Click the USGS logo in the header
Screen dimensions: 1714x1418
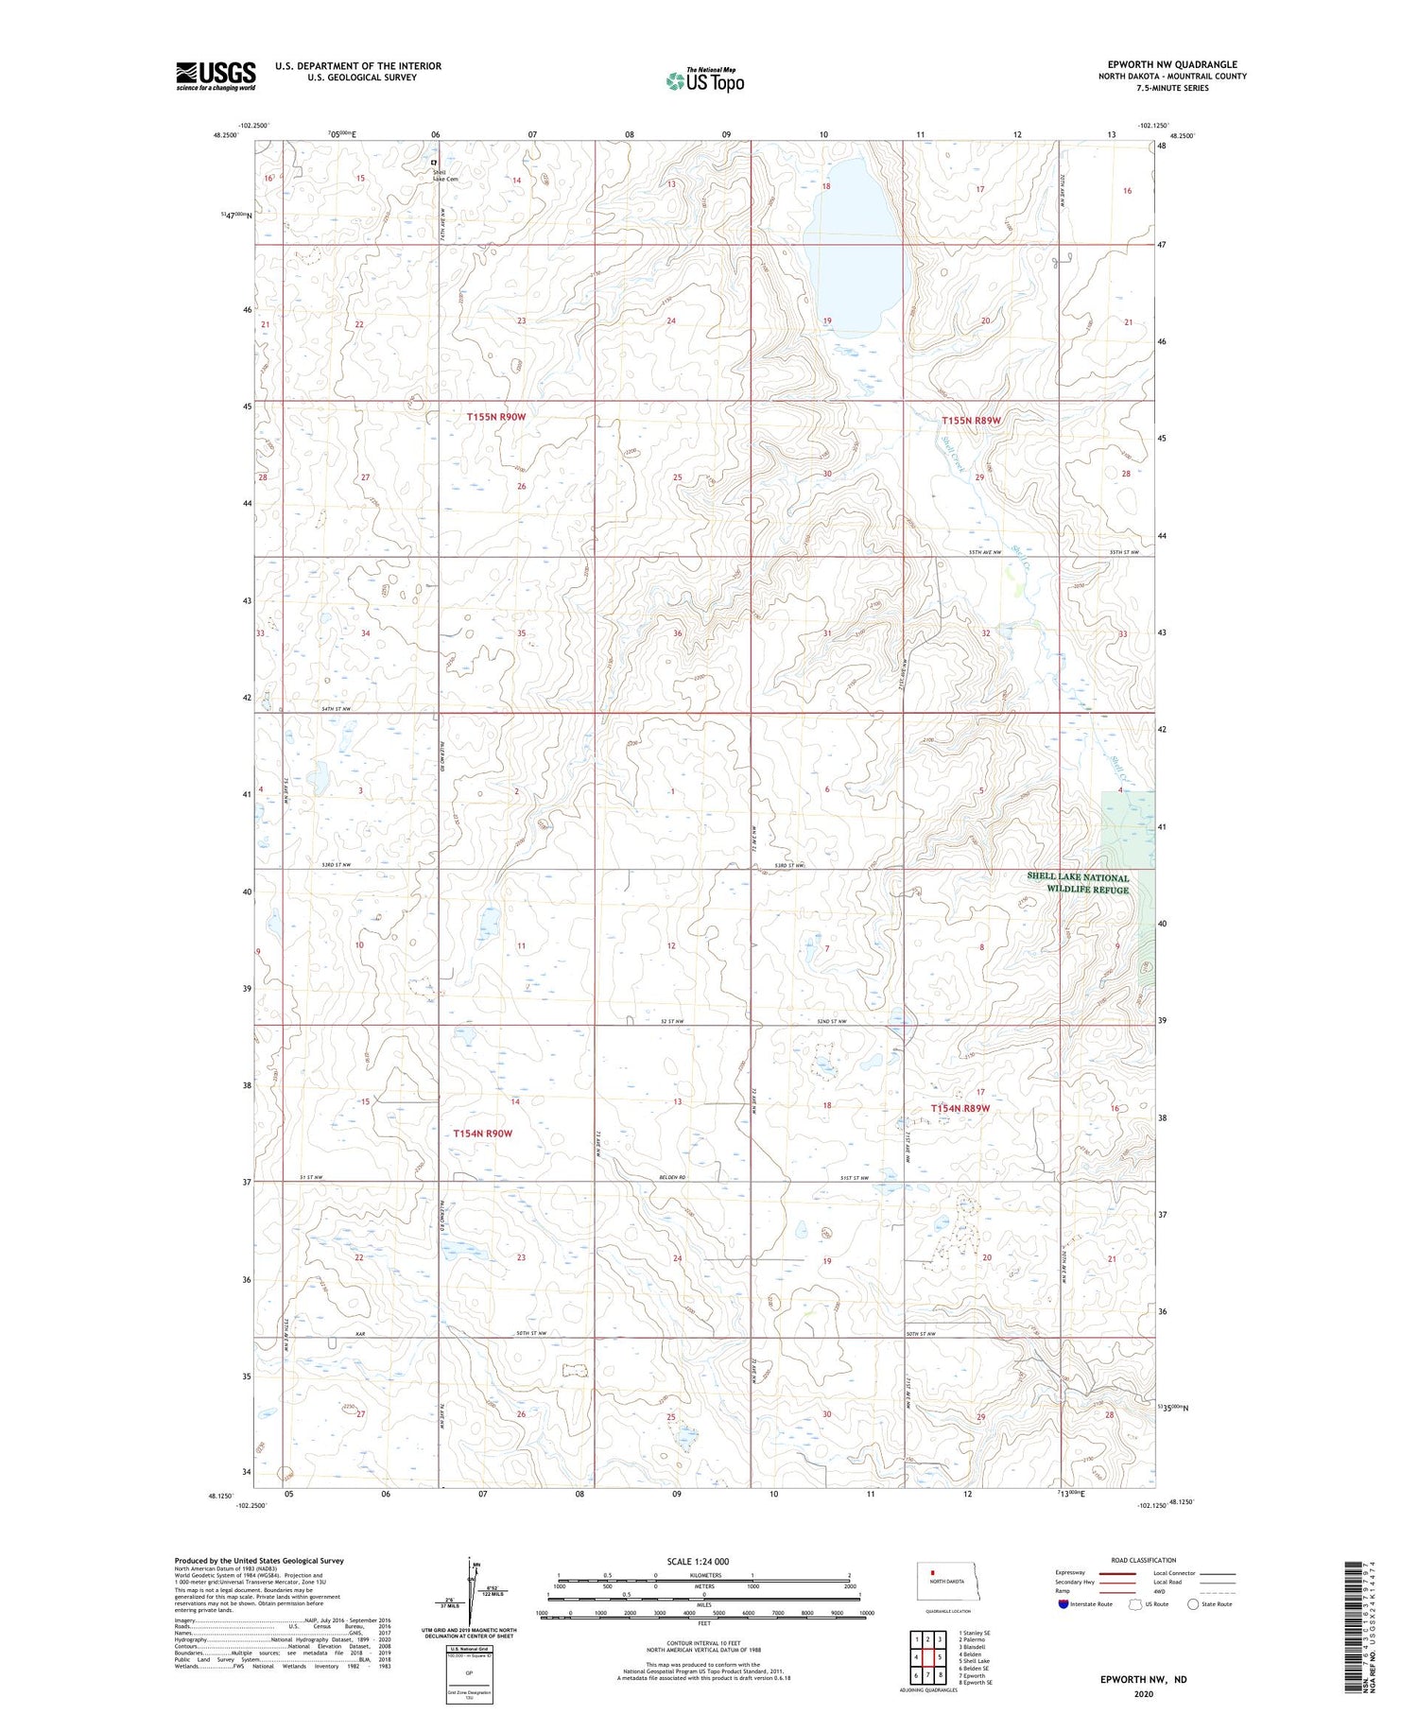pyautogui.click(x=216, y=76)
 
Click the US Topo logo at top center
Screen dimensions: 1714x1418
pyautogui.click(x=704, y=81)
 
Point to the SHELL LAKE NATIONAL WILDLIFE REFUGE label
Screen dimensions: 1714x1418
pyautogui.click(x=1079, y=883)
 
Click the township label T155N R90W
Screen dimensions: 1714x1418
pyautogui.click(x=495, y=416)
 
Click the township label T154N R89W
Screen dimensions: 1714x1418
pyautogui.click(x=960, y=1108)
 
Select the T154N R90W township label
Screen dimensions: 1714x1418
pyautogui.click(x=482, y=1133)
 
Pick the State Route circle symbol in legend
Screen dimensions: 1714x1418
pyautogui.click(x=1193, y=1603)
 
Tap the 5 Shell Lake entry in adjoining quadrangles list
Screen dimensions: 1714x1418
pyautogui.click(x=974, y=1661)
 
